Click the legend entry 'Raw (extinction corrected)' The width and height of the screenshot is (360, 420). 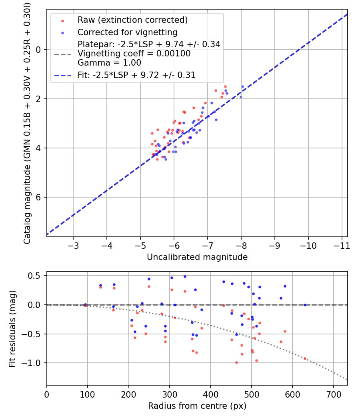[132, 20]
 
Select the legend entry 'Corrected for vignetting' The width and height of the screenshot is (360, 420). [127, 32]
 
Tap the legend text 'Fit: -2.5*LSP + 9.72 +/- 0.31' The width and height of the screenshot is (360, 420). [136, 75]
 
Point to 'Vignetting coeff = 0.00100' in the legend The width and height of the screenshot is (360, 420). [134, 54]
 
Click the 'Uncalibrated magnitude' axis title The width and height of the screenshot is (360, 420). [197, 257]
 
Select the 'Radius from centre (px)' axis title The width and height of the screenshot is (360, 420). [197, 406]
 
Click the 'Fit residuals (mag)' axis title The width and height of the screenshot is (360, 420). [12, 328]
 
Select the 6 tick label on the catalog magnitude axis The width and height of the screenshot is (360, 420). [39, 197]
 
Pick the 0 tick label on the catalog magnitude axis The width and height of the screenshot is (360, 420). [39, 50]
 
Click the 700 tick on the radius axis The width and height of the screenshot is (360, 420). [293, 394]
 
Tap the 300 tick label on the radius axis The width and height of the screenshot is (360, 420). [169, 394]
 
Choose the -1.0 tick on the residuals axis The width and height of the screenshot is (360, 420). [34, 363]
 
